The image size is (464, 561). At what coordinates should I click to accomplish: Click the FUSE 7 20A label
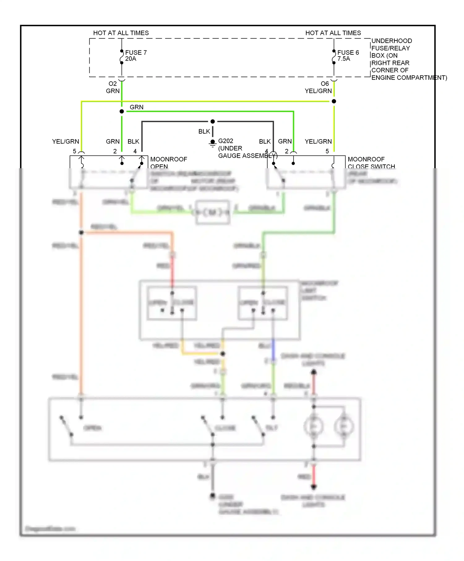pyautogui.click(x=135, y=56)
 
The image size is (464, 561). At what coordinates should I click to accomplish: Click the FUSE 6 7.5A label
pyautogui.click(x=348, y=56)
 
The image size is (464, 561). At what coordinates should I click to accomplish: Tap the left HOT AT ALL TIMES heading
pyautogui.click(x=121, y=33)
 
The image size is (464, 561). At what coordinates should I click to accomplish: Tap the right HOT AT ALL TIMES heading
pyautogui.click(x=333, y=33)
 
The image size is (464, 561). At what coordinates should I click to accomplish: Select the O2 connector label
pyautogui.click(x=113, y=84)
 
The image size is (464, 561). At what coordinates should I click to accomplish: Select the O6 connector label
pyautogui.click(x=325, y=84)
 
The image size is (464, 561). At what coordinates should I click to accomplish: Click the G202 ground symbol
pyautogui.click(x=213, y=143)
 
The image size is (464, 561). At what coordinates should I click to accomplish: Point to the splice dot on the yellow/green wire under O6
pyautogui.click(x=334, y=101)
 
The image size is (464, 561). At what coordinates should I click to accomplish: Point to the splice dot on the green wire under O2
pyautogui.click(x=122, y=111)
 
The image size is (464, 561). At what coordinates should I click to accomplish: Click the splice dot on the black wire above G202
pyautogui.click(x=213, y=122)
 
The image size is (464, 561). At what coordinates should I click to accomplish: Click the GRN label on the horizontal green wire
pyautogui.click(x=136, y=107)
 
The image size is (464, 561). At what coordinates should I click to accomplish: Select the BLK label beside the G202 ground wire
pyautogui.click(x=204, y=132)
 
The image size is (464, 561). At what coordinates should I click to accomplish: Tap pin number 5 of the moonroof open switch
pyautogui.click(x=75, y=152)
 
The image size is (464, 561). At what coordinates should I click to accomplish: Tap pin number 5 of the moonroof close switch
pyautogui.click(x=327, y=152)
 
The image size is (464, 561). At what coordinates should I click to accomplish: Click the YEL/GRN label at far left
pyautogui.click(x=66, y=142)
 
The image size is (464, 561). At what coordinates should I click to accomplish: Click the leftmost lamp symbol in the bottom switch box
pyautogui.click(x=313, y=426)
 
